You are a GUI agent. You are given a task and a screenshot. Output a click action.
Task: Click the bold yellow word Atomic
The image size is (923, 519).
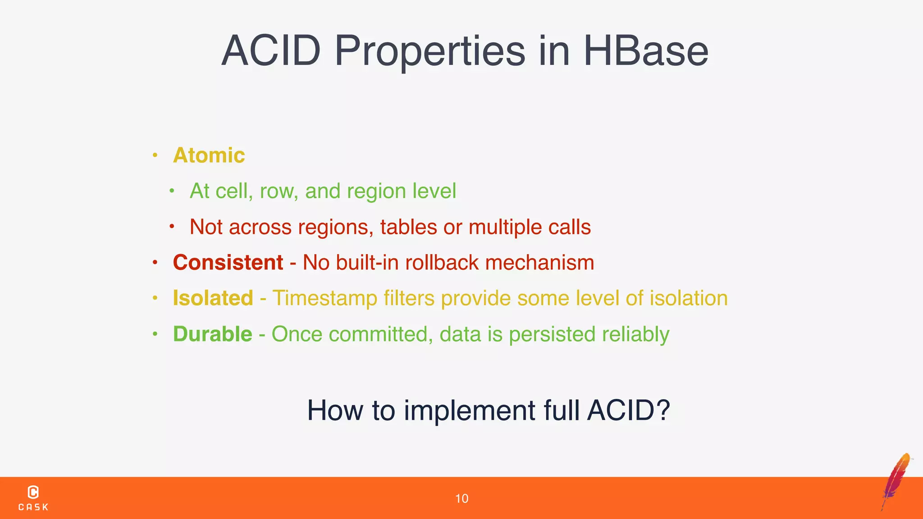(209, 155)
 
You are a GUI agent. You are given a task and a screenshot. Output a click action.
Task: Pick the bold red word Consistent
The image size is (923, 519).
(228, 263)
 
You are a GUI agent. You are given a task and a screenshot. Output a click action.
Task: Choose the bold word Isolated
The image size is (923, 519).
(213, 298)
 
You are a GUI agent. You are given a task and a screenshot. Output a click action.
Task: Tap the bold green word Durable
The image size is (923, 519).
(212, 334)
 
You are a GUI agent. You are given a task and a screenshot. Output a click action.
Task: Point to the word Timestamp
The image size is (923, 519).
(324, 298)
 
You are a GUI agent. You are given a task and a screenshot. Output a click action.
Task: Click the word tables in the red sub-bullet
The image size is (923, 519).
(408, 227)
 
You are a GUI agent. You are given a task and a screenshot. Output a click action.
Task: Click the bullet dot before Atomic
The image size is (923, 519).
(155, 155)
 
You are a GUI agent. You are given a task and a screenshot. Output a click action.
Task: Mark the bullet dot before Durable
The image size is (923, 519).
(155, 334)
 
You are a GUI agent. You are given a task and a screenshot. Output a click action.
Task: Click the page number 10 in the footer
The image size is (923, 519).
(461, 499)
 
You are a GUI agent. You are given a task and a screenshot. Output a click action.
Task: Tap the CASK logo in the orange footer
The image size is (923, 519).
(33, 498)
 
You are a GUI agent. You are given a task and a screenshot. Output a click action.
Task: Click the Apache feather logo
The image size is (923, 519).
(896, 481)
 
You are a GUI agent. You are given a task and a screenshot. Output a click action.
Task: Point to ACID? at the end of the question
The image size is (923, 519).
(628, 410)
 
